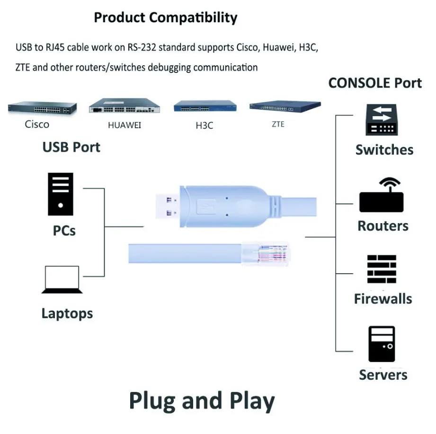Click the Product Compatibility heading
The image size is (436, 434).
pyautogui.click(x=165, y=18)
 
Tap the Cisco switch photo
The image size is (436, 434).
pyautogui.click(x=42, y=108)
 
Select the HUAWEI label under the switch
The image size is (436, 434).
pyautogui.click(x=125, y=125)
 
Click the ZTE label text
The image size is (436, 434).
pyautogui.click(x=278, y=124)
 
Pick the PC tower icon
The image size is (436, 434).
pyautogui.click(x=61, y=194)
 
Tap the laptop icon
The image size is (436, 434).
pyautogui.click(x=62, y=280)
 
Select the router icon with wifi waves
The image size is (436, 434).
pyautogui.click(x=382, y=195)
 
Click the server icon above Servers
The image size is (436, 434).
pyautogui.click(x=382, y=344)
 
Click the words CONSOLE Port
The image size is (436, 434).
pyautogui.click(x=375, y=83)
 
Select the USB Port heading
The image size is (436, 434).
pyautogui.click(x=71, y=147)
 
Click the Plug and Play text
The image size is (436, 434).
pyautogui.click(x=202, y=401)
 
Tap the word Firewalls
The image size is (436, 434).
pyautogui.click(x=383, y=299)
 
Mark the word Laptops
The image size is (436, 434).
pyautogui.click(x=67, y=313)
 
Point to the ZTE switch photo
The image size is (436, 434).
pyautogui.click(x=285, y=106)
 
